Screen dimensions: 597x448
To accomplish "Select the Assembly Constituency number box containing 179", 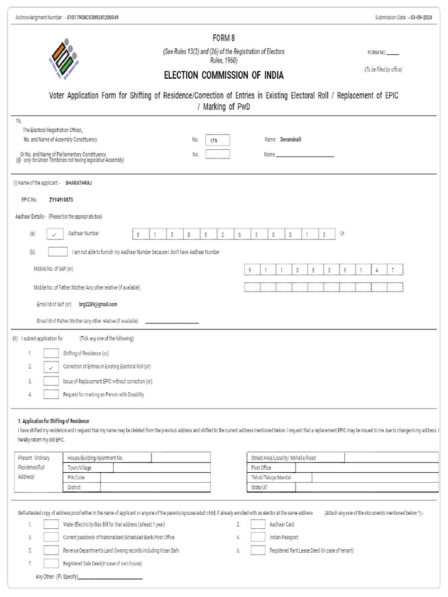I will [218, 140].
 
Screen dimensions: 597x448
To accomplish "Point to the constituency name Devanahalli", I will [290, 140].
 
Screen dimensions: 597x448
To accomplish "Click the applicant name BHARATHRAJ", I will [79, 183].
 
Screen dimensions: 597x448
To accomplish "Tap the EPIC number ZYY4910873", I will [61, 200].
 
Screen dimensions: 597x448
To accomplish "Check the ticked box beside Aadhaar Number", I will [54, 234].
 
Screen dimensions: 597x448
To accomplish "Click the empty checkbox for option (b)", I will [57, 252].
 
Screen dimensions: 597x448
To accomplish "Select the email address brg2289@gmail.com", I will [98, 304].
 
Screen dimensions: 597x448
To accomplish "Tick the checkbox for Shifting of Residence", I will [51, 353].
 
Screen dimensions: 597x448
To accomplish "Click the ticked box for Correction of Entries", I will [51, 367].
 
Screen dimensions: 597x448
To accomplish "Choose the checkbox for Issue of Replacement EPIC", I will [51, 381].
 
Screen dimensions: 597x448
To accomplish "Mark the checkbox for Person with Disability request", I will [51, 395].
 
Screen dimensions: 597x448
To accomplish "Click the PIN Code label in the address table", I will [76, 477].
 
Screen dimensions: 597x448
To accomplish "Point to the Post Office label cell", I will [261, 468].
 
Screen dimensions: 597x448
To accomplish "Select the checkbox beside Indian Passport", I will [258, 537].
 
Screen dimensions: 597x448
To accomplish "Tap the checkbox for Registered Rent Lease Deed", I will [258, 550].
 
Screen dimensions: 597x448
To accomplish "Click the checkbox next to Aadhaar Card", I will [258, 524].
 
